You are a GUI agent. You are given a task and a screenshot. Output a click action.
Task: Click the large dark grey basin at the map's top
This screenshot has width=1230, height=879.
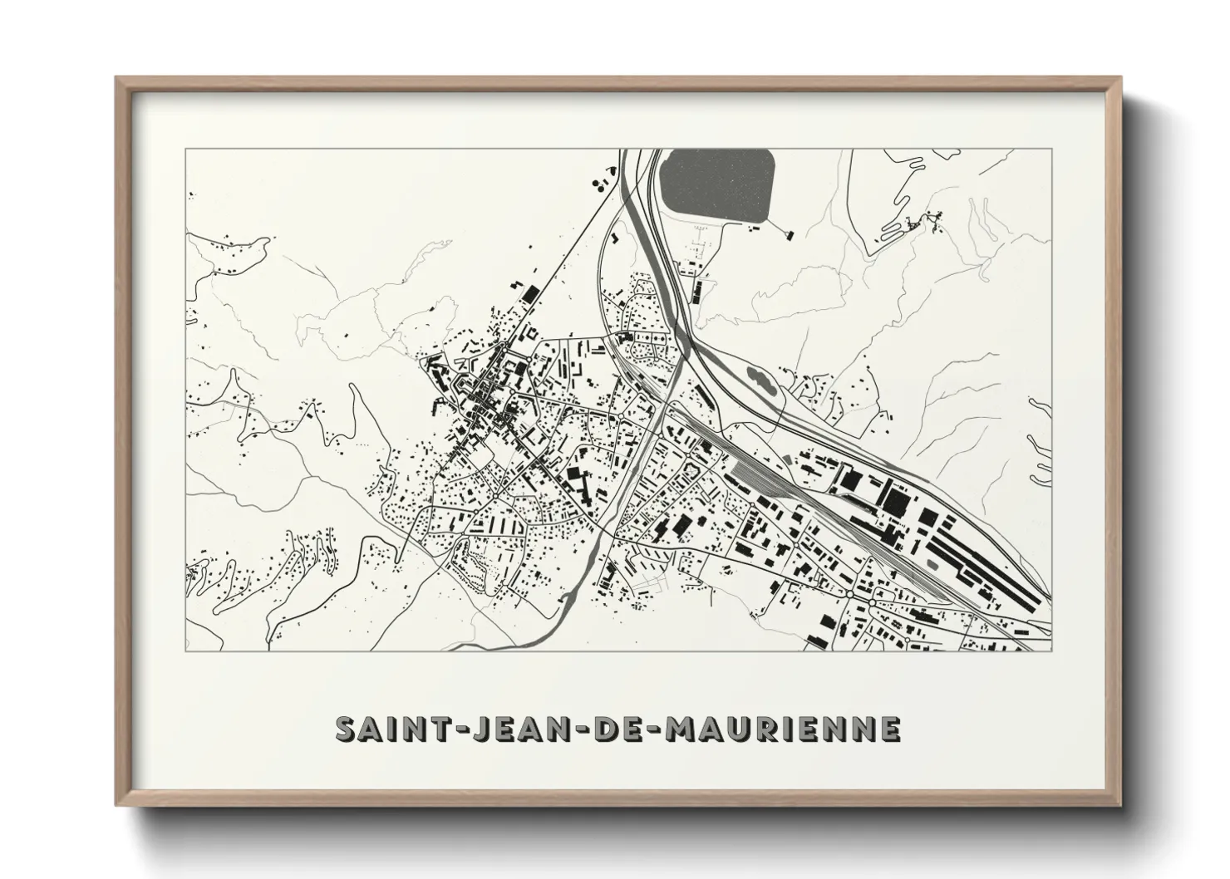[720, 188]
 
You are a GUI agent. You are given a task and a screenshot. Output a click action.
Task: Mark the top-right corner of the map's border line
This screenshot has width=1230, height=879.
[1052, 150]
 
